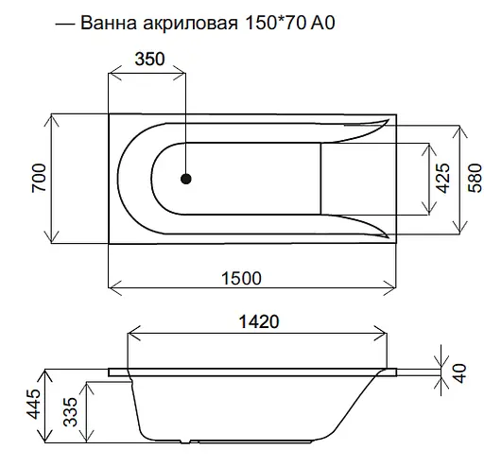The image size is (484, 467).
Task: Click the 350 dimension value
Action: point(148,59)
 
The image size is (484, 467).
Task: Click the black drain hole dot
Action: point(186,178)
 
